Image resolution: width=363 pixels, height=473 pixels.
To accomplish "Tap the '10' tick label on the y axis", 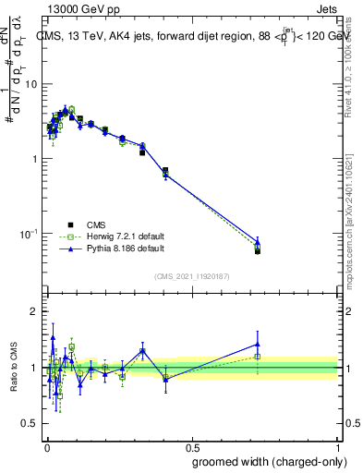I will pyautogui.click(x=31, y=84).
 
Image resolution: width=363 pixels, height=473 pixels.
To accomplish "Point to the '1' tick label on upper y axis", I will pyautogui.click(x=34, y=159).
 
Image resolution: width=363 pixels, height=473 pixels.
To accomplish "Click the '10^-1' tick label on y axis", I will pyautogui.click(x=29, y=233).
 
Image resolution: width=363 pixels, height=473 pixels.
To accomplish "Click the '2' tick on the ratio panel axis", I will pyautogui.click(x=34, y=311).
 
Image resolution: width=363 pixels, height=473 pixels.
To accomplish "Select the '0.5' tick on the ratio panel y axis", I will pyautogui.click(x=30, y=424).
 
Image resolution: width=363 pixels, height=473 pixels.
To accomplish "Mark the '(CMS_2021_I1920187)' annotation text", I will pyautogui.click(x=191, y=275).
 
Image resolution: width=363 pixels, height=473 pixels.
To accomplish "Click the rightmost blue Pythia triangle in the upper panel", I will pyautogui.click(x=258, y=242).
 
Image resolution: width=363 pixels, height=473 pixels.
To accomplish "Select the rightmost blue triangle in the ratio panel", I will pyautogui.click(x=258, y=345).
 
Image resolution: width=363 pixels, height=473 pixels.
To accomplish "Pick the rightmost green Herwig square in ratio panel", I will pyautogui.click(x=258, y=357).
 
